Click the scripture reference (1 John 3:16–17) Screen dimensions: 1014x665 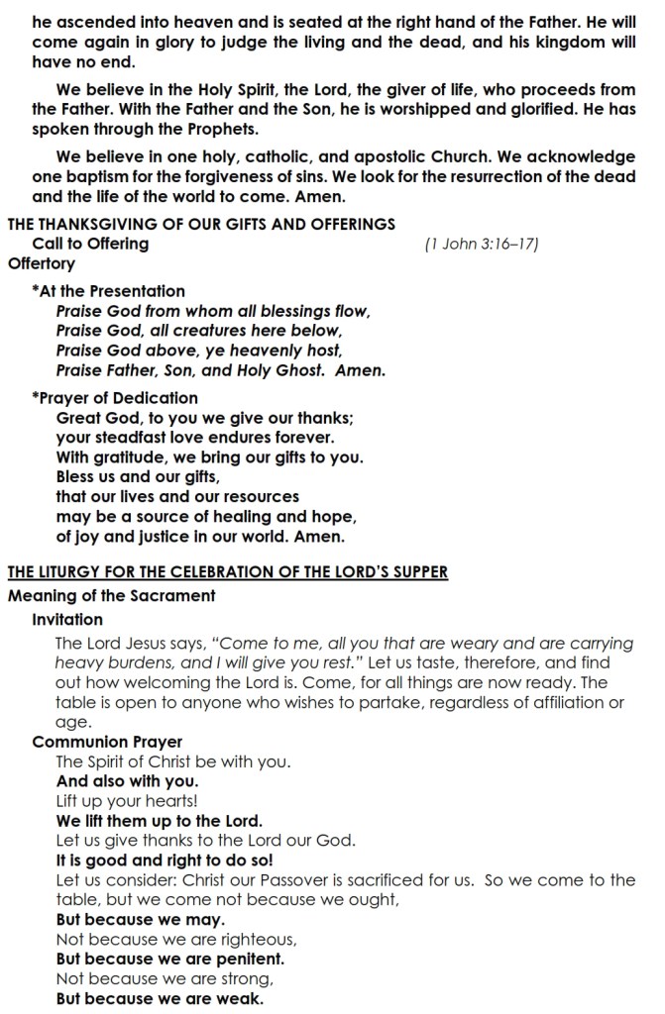pyautogui.click(x=481, y=245)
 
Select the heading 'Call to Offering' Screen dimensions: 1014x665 pyautogui.click(x=90, y=244)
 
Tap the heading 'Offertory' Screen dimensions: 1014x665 pyautogui.click(x=42, y=263)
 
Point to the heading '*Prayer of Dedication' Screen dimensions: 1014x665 pyautogui.click(x=115, y=398)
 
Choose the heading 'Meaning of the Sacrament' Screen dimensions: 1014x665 pyautogui.click(x=111, y=596)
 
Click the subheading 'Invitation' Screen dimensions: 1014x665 pyautogui.click(x=67, y=620)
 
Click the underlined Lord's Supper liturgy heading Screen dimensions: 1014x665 pyautogui.click(x=228, y=572)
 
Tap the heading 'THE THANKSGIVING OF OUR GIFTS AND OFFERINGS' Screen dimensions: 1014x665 pyautogui.click(x=202, y=225)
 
